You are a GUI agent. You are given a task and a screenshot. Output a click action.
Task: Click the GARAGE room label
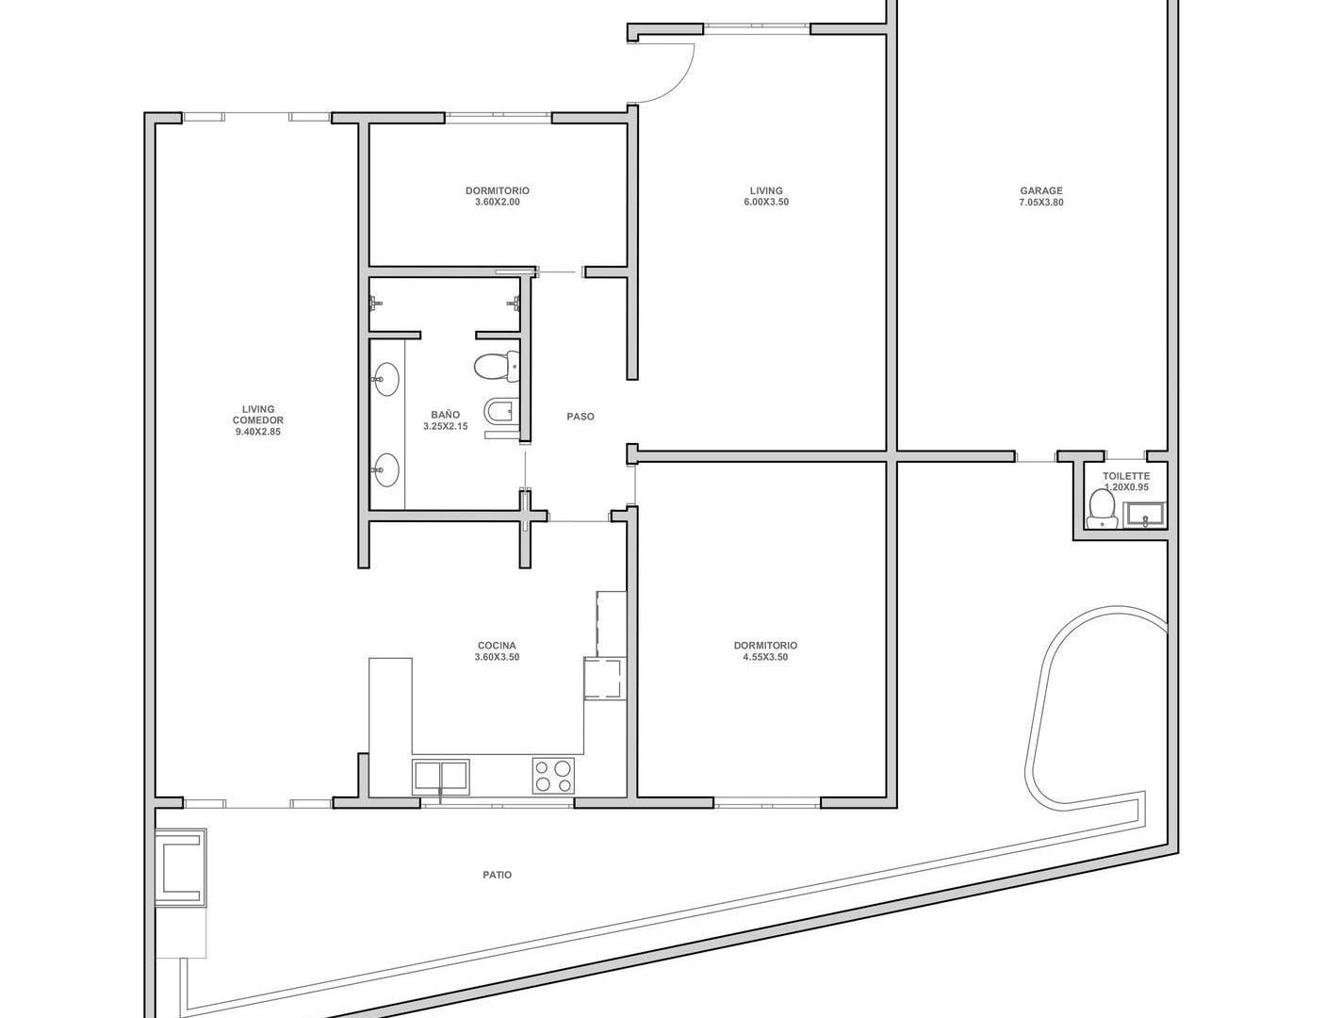point(1040,190)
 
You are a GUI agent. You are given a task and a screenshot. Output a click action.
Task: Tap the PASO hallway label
point(581,417)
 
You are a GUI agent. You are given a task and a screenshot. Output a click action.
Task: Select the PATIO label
point(497,875)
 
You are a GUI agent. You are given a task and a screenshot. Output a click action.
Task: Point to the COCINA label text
point(497,646)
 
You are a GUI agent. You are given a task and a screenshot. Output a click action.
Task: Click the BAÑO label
point(445,415)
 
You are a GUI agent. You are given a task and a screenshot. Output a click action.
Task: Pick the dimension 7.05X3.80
point(1040,203)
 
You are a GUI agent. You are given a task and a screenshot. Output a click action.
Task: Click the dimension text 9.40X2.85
point(258,432)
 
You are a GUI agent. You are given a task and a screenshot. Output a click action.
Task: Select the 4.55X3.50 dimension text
point(765,657)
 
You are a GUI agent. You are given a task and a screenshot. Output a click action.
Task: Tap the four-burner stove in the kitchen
point(553,776)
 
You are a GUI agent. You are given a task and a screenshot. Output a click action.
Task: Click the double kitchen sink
point(441,777)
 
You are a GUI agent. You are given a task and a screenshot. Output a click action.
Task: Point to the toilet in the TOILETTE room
point(1102,510)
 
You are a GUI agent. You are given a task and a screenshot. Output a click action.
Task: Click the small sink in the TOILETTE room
point(1144,514)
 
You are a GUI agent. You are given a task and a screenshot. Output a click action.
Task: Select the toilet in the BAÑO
point(496,367)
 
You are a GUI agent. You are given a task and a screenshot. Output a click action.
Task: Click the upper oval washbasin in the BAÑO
point(385,379)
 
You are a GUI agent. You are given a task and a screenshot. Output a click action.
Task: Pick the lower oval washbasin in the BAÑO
point(385,470)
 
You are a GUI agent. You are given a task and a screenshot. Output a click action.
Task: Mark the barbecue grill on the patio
point(181,868)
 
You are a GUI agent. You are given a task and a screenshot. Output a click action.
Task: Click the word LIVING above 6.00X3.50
point(766,190)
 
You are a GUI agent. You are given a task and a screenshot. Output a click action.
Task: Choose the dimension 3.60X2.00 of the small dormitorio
point(497,203)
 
